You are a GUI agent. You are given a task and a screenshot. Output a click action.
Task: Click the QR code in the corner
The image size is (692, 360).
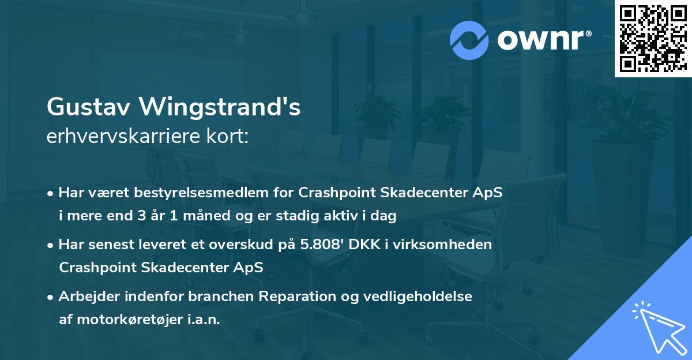pos(653,39)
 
